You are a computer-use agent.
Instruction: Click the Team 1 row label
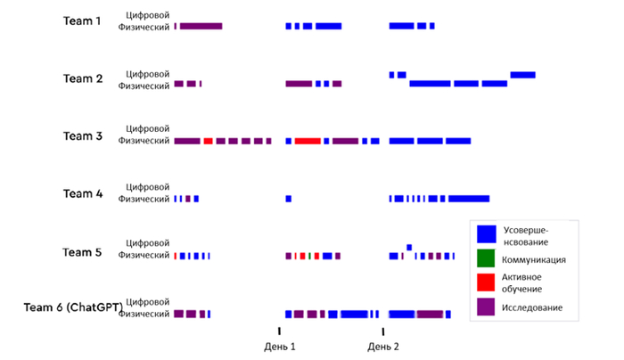coord(82,20)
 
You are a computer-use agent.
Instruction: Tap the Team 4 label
coord(82,193)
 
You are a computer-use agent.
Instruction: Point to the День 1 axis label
coord(281,346)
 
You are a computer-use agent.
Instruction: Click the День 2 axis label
coord(383,346)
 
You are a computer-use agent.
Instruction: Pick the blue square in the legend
coord(486,233)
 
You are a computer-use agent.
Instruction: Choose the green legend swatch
coord(486,259)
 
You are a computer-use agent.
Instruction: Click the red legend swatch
coord(486,282)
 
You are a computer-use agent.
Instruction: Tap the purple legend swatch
coord(486,307)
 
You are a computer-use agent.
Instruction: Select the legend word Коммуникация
coord(534,259)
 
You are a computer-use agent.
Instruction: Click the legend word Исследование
coord(533,307)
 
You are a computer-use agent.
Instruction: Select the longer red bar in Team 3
coord(308,141)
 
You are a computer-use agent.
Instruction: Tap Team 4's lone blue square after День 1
coord(288,198)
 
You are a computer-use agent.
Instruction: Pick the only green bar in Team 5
coord(309,256)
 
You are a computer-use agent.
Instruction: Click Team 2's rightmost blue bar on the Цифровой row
coord(522,74)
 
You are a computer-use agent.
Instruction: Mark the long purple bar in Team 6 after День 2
coord(430,314)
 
